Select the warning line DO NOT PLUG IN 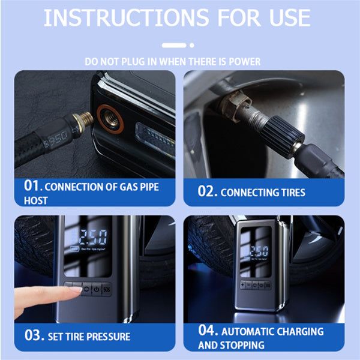click(173, 62)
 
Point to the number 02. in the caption click(208, 192)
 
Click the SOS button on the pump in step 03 click(106, 289)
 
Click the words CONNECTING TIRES click(263, 193)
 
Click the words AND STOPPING click(231, 345)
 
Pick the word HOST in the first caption click(36, 200)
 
